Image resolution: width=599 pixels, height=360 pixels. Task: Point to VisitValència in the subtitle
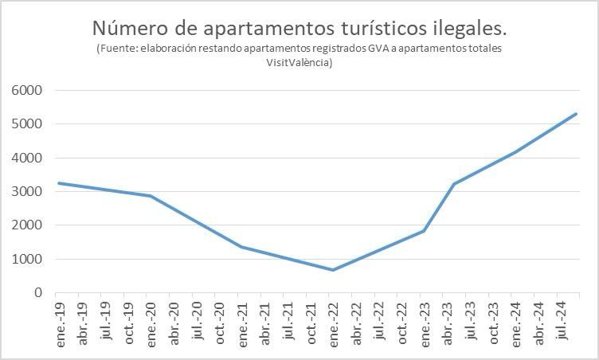(299, 63)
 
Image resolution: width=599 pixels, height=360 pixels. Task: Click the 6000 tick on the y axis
(26, 91)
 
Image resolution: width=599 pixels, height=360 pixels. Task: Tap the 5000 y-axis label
(26, 124)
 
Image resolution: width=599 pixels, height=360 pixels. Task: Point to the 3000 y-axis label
(26, 192)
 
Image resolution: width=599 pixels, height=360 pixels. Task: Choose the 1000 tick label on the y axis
(26, 260)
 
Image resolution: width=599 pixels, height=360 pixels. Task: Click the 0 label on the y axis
(37, 293)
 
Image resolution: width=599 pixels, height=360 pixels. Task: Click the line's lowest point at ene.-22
(333, 270)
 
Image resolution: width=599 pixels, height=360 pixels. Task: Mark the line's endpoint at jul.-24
(576, 114)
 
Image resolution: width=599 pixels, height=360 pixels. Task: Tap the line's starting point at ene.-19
(60, 183)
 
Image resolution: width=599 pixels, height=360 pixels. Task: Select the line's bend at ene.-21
(242, 247)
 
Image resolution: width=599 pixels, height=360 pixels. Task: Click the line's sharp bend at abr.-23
(453, 184)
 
